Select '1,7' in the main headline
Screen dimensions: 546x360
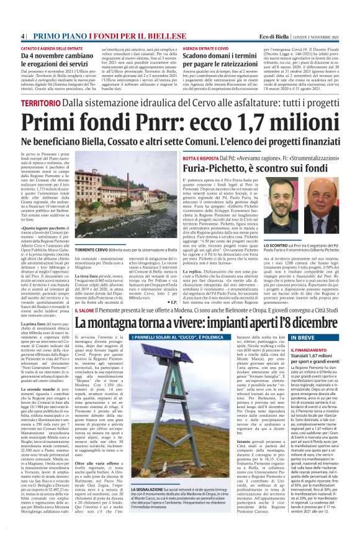(x=228, y=121)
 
